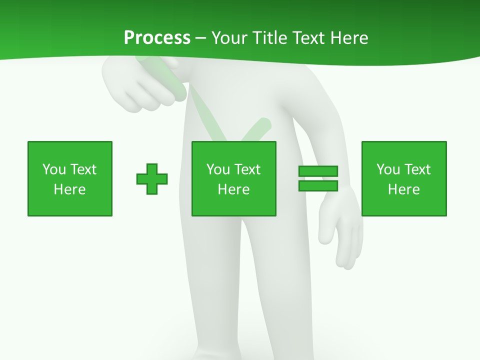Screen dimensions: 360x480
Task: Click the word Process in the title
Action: point(157,38)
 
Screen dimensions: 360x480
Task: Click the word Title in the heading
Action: point(268,38)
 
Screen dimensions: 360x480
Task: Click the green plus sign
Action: point(152,179)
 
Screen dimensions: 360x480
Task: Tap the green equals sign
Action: point(318,178)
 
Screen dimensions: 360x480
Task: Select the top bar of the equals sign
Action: point(318,171)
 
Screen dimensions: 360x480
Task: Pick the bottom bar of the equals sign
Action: point(318,186)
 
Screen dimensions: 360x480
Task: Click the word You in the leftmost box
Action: point(54,169)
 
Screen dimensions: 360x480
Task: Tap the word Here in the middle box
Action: point(234,189)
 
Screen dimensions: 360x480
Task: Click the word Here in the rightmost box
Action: point(404,189)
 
